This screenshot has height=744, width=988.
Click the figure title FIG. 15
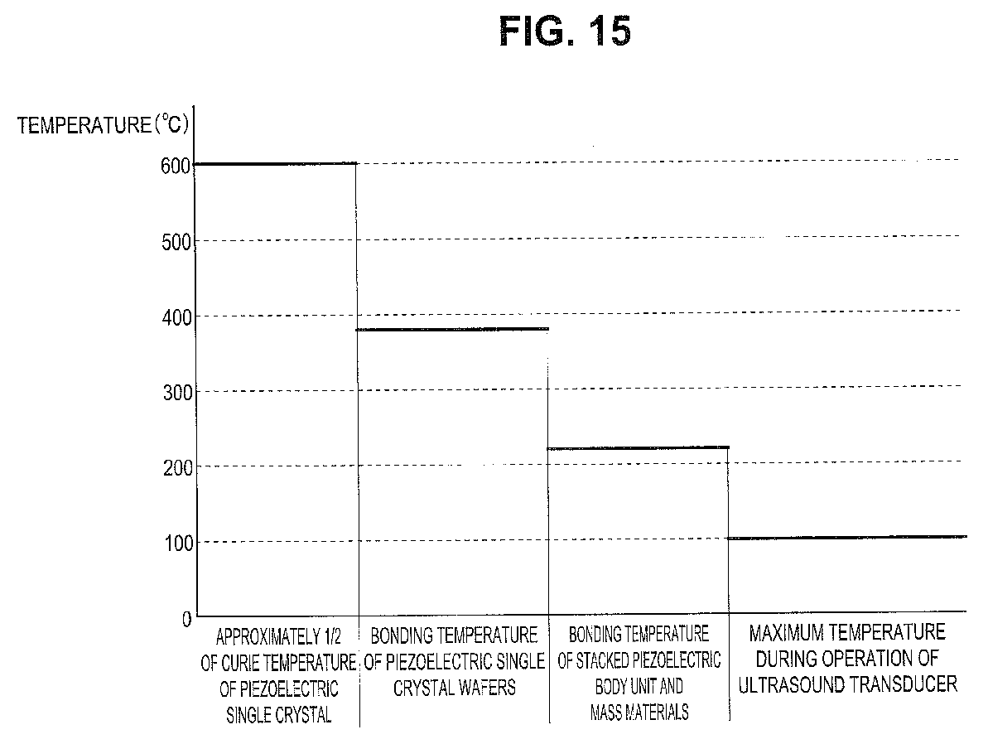pos(566,31)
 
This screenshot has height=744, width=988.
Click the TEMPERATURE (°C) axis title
pos(103,127)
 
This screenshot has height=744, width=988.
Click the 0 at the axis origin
pos(186,618)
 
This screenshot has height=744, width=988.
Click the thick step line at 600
pos(276,164)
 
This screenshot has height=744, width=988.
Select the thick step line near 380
pos(453,330)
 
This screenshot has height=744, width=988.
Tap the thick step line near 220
pos(639,448)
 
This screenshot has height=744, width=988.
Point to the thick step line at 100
pos(847,538)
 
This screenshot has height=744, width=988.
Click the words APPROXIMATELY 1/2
pos(272,638)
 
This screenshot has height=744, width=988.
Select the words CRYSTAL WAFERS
pos(455,688)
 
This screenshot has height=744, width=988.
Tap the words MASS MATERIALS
pos(639,711)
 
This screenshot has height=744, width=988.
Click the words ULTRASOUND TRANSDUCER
pos(847,684)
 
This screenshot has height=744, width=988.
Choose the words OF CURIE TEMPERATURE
pos(278,663)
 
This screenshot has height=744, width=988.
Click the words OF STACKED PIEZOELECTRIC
pos(639,661)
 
